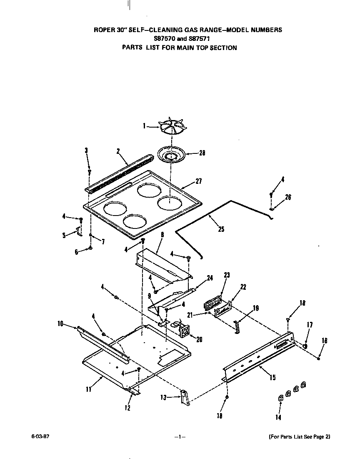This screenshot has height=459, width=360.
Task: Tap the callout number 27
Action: tap(198, 182)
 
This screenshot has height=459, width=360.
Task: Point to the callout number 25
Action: tap(221, 229)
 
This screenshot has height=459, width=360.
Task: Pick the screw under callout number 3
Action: tap(89, 171)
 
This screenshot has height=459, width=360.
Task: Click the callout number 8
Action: tap(162, 235)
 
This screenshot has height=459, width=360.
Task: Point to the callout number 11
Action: tap(88, 389)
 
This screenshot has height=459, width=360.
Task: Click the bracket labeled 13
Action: tap(185, 397)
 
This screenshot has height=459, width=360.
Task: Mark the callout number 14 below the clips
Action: tap(278, 417)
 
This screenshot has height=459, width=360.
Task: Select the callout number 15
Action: tap(272, 378)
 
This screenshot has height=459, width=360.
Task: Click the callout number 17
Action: tap(310, 325)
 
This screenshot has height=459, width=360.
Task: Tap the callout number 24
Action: tap(210, 278)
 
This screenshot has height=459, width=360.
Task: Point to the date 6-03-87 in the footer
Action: tap(37, 436)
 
